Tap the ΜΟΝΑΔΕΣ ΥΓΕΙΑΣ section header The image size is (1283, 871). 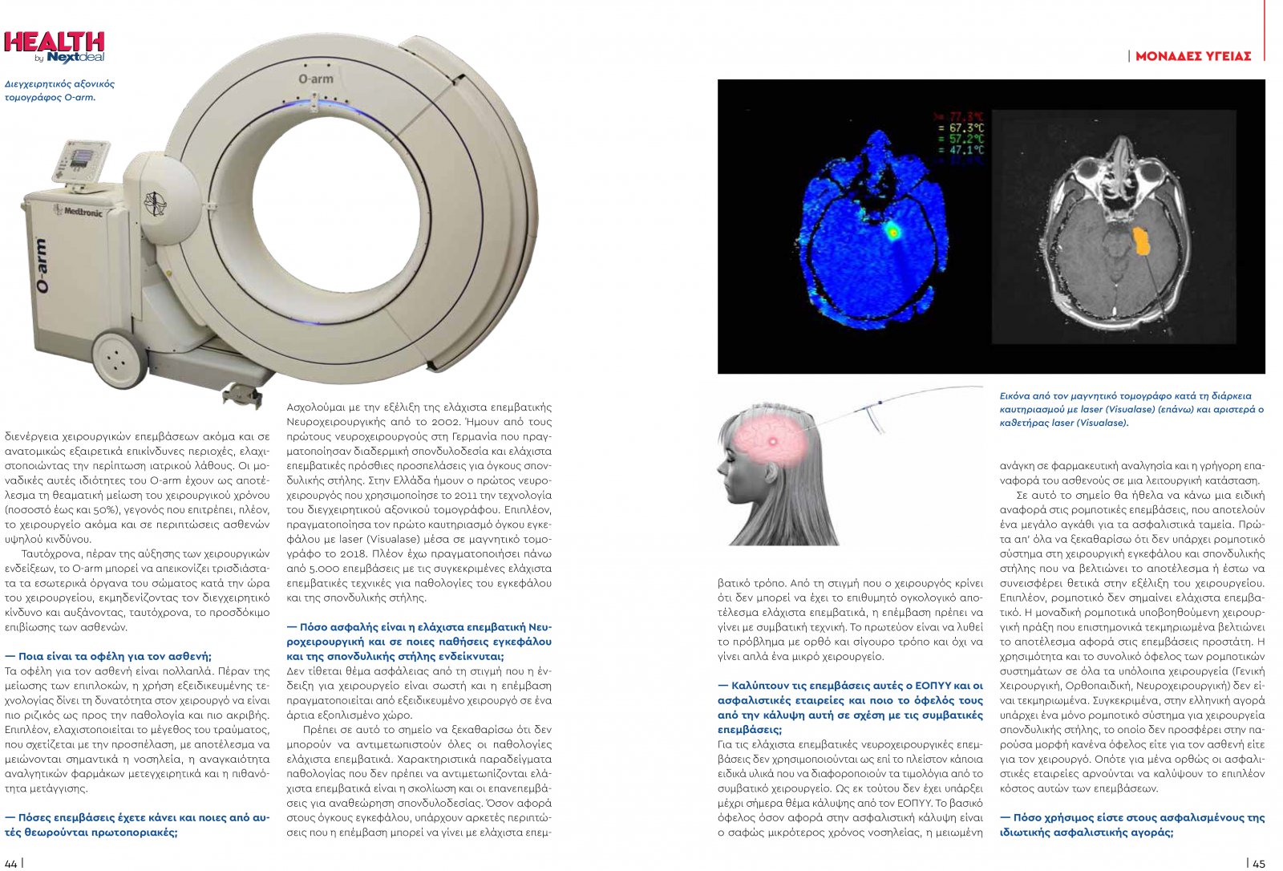tap(1192, 56)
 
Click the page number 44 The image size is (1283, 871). tap(10, 863)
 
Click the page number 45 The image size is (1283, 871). tap(1259, 863)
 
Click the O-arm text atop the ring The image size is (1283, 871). tap(315, 79)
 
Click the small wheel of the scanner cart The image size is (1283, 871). tap(117, 352)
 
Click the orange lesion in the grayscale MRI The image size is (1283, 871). tap(1141, 241)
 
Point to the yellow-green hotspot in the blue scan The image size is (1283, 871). tap(892, 232)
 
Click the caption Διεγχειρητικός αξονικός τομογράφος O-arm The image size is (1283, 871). tap(59, 91)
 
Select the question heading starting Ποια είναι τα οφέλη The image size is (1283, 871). tap(108, 656)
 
